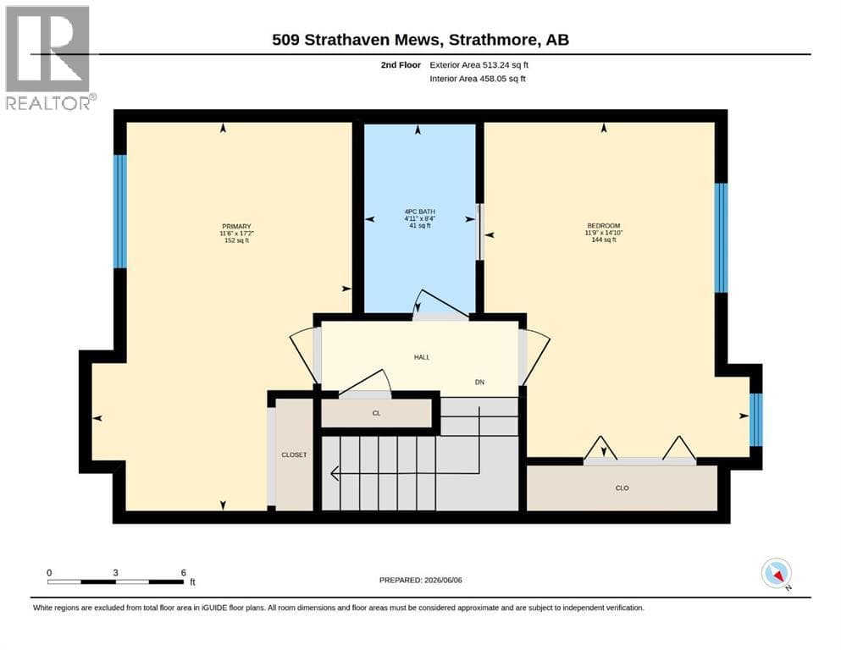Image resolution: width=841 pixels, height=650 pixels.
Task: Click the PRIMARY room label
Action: [x=236, y=227]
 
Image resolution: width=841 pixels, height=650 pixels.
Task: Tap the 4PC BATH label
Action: [x=420, y=212]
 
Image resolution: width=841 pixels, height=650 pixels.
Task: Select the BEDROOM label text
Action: [x=603, y=226]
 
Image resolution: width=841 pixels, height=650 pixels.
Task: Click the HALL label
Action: [x=422, y=357]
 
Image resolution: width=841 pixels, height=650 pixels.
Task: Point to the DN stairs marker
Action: [x=479, y=382]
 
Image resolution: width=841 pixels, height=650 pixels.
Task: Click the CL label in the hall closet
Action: [x=377, y=413]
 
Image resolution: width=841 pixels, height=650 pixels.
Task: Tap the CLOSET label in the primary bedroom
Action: [x=295, y=455]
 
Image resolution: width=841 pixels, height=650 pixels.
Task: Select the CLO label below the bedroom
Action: [x=622, y=488]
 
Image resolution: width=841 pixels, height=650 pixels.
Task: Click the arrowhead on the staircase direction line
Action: [x=335, y=474]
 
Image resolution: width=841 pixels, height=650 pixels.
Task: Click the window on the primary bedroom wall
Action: [x=120, y=211]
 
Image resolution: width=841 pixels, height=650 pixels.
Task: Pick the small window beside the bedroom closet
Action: [x=755, y=420]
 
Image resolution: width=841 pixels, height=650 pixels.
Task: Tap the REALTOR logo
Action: [x=50, y=58]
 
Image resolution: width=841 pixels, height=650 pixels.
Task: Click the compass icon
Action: [x=776, y=574]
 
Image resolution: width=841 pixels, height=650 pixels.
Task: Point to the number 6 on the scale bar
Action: [x=184, y=573]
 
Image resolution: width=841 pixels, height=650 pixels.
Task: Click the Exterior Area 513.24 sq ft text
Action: [x=479, y=65]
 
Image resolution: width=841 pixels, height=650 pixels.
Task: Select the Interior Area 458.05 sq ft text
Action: [x=478, y=79]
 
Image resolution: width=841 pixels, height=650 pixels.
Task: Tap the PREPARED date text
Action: [x=420, y=580]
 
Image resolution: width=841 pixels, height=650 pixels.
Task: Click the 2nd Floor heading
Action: [x=401, y=65]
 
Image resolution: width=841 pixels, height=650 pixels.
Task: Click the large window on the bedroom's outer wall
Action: [x=722, y=238]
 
